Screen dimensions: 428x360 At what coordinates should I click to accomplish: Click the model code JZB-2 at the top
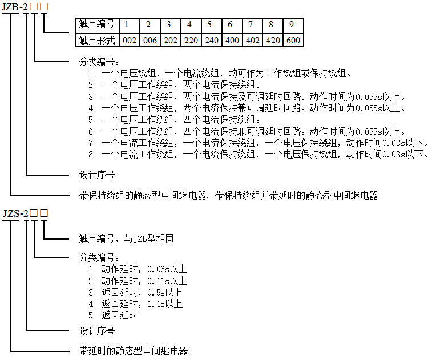(x=15, y=6)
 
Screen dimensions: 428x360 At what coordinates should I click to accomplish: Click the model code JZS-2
(x=15, y=213)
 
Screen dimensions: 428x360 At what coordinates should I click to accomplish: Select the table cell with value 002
(x=130, y=41)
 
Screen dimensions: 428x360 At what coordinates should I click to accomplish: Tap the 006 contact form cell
(x=150, y=41)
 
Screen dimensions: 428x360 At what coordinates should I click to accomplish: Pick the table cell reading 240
(x=212, y=41)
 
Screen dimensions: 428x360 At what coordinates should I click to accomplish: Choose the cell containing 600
(x=293, y=41)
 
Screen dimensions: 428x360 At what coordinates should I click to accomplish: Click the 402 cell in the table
(x=252, y=41)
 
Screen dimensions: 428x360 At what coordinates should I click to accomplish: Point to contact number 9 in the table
(x=292, y=25)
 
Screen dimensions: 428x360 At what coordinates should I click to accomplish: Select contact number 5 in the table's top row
(x=209, y=25)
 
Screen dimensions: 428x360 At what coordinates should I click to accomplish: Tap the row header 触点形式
(x=97, y=41)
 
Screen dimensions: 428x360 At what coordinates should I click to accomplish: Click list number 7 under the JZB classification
(x=91, y=143)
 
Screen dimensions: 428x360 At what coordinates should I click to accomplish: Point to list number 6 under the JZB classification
(x=91, y=132)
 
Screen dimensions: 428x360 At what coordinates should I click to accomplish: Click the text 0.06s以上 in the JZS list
(x=167, y=269)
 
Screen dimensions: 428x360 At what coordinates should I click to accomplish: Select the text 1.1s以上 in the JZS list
(x=165, y=304)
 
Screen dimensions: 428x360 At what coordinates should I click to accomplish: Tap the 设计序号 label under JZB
(x=97, y=175)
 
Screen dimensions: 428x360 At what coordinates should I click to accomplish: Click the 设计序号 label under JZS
(x=97, y=331)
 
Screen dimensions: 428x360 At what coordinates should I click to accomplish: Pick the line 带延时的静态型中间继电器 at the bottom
(x=134, y=351)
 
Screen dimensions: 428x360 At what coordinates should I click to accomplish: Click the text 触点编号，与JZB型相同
(x=126, y=239)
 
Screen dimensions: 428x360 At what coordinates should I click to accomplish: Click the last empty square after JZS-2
(x=44, y=213)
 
